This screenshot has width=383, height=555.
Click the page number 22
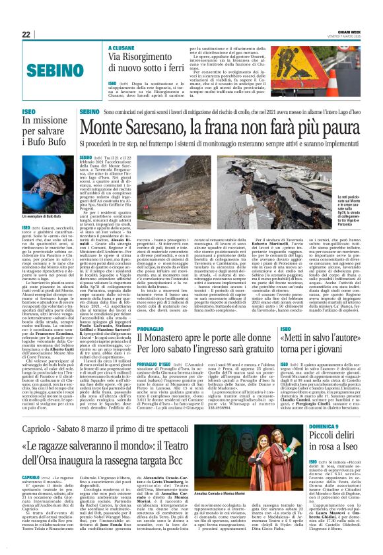point(26,34)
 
